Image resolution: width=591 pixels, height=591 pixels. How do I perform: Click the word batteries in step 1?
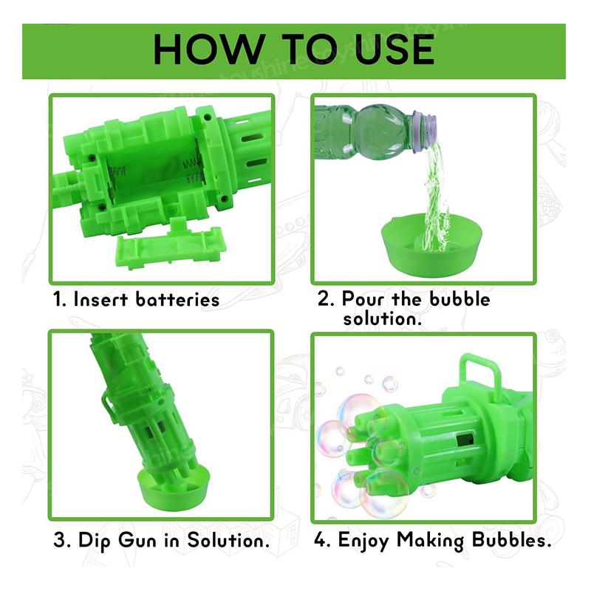[177, 300]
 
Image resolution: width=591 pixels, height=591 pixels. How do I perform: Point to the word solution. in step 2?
[382, 318]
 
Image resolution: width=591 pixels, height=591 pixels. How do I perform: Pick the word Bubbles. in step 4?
[511, 540]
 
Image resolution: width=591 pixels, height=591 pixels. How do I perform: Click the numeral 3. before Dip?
[63, 540]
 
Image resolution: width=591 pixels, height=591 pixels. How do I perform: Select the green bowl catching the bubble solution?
[431, 245]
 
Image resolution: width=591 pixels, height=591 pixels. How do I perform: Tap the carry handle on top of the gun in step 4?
[480, 374]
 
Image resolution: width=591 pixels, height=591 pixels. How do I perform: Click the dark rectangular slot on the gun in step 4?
[465, 440]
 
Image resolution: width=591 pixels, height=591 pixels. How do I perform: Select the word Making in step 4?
[431, 542]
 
